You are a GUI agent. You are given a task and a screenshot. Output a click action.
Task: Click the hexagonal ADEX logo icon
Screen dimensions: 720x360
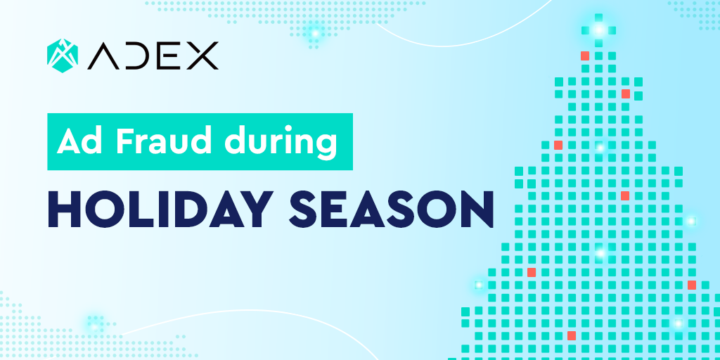pos(63,56)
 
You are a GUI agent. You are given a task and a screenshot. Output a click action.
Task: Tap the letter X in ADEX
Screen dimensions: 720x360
pos(202,56)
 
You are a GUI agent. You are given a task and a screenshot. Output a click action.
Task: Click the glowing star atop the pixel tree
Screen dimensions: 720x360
pos(598,30)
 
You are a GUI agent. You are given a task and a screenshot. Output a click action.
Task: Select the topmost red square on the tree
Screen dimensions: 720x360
pos(584,56)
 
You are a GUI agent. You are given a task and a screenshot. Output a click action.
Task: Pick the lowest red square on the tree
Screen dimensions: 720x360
pos(571,335)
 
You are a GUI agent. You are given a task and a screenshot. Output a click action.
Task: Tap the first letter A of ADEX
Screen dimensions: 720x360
pos(103,56)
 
